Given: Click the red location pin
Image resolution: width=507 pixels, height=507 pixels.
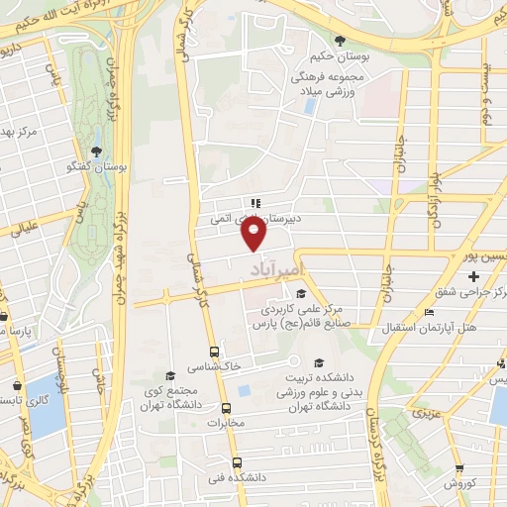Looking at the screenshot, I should click(254, 235).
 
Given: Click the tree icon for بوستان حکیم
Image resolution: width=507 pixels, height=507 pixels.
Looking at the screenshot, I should click(341, 40).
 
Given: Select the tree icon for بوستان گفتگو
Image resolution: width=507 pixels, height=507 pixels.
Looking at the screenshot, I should click(96, 152).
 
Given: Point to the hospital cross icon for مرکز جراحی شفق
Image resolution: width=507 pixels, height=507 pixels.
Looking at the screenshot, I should click(475, 275).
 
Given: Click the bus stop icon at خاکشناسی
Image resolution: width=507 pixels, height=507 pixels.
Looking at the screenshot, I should click(214, 352).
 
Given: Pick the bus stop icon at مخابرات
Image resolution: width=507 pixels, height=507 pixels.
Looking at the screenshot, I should click(226, 408).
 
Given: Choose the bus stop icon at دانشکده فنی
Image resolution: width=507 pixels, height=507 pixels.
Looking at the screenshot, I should click(236, 462).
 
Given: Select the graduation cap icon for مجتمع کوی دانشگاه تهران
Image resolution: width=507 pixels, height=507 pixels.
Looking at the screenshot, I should click(171, 376).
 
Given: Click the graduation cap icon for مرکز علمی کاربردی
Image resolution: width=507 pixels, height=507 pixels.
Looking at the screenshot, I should click(300, 292).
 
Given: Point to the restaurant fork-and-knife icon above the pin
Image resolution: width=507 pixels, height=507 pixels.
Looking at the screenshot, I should click(254, 196).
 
